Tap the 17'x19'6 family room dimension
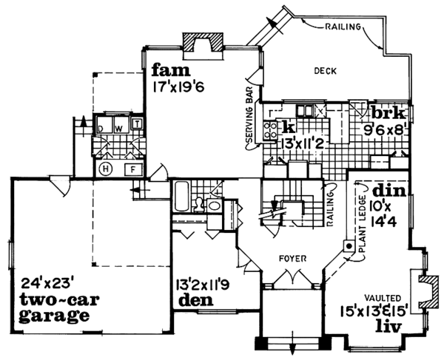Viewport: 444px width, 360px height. click(178, 85)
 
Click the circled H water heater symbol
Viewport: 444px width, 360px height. click(105, 169)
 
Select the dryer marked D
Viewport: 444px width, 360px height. click(103, 126)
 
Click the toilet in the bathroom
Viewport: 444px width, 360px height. click(213, 205)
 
